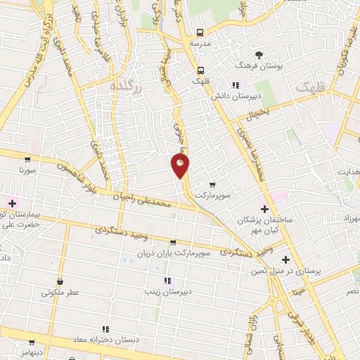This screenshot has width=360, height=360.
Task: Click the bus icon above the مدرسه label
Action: click(x=200, y=32)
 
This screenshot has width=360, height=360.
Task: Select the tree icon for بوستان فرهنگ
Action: click(x=259, y=55)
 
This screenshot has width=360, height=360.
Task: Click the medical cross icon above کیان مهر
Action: click(x=264, y=208)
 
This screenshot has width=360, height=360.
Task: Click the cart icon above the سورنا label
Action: click(x=27, y=160)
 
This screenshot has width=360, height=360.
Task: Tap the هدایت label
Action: click(x=347, y=172)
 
